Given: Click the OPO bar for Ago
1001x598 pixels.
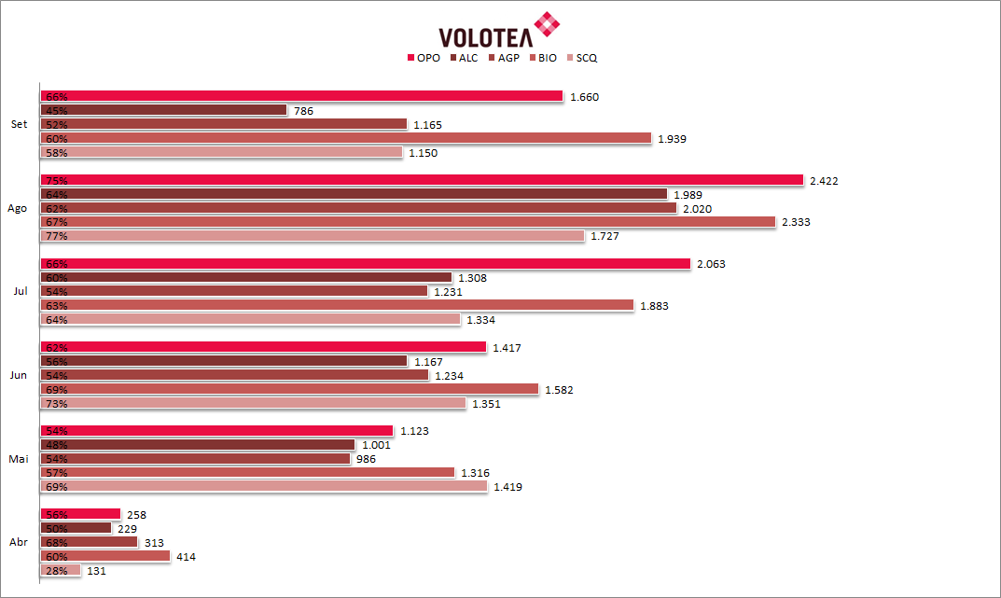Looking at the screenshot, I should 420,180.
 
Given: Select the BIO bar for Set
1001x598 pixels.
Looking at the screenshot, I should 345,138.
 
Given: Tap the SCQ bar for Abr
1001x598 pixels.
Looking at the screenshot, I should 61,570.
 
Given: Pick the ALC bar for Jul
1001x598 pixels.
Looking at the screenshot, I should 246,278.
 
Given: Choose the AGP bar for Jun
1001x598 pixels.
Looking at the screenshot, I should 233,375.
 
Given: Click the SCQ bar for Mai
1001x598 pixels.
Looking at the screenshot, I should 263,487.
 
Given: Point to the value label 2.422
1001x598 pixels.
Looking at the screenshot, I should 824,181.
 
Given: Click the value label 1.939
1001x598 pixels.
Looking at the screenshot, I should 672,139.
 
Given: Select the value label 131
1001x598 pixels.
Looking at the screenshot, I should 96,571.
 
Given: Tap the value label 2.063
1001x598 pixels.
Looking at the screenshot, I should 711,265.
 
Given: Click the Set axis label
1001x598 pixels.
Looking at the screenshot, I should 19,124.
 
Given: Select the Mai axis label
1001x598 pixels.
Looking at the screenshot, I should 19,459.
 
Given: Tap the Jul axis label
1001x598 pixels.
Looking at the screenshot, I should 20,292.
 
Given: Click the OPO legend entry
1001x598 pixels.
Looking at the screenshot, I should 424,58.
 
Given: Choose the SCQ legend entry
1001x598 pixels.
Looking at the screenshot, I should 581,58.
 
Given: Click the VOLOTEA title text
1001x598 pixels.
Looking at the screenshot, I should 484,36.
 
